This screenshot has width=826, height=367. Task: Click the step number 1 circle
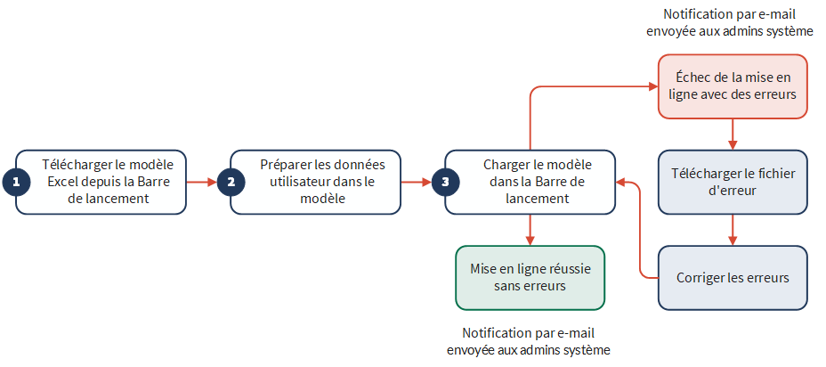coord(16,182)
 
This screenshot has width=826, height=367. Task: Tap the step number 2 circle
coord(231,182)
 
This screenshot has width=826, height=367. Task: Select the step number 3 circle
coord(446,182)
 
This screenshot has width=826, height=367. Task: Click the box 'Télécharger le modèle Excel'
coord(101,182)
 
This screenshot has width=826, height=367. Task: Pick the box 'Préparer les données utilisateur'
coord(316,182)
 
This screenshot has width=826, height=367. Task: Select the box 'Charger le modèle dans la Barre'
coord(530,182)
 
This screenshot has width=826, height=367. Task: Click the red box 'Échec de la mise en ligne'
coord(733,86)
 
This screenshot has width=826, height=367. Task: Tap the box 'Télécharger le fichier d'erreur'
coord(733,182)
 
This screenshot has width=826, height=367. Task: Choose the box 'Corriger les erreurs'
coord(733,277)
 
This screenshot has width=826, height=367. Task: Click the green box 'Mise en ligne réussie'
coord(530,277)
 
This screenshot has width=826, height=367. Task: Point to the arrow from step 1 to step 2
coord(202,183)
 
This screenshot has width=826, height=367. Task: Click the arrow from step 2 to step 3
coord(417,183)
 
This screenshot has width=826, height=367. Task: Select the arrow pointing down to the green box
coord(530,230)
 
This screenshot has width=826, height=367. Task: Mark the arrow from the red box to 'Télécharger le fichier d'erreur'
coord(733,135)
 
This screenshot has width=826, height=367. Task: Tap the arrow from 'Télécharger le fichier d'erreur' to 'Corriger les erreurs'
coord(733,230)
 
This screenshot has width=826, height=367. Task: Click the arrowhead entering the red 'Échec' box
coord(653,86)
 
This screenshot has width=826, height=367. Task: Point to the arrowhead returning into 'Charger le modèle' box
coord(620,183)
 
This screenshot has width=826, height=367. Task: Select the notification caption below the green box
coord(530,341)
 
